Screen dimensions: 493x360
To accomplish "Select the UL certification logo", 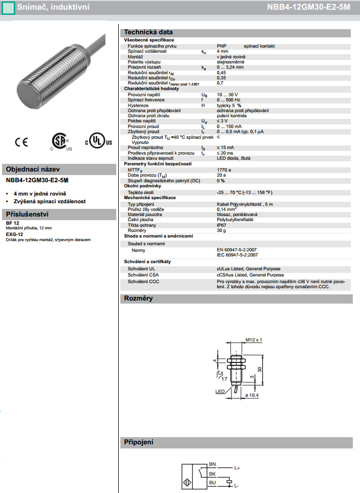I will (98, 142).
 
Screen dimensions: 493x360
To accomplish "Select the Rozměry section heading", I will (138, 298).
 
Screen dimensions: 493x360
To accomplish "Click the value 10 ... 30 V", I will (227, 95).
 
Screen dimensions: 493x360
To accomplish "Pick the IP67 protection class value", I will (222, 225).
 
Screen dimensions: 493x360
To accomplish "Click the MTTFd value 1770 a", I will (224, 170).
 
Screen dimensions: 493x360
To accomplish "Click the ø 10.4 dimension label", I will (252, 395).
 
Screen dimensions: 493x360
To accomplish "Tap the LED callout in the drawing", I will (220, 392).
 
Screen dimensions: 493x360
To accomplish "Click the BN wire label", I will (213, 465).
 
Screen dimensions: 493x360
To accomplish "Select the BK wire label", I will (213, 474).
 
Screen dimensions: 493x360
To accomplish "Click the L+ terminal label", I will (237, 467).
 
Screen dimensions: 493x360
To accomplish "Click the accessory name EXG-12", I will (14, 234).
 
